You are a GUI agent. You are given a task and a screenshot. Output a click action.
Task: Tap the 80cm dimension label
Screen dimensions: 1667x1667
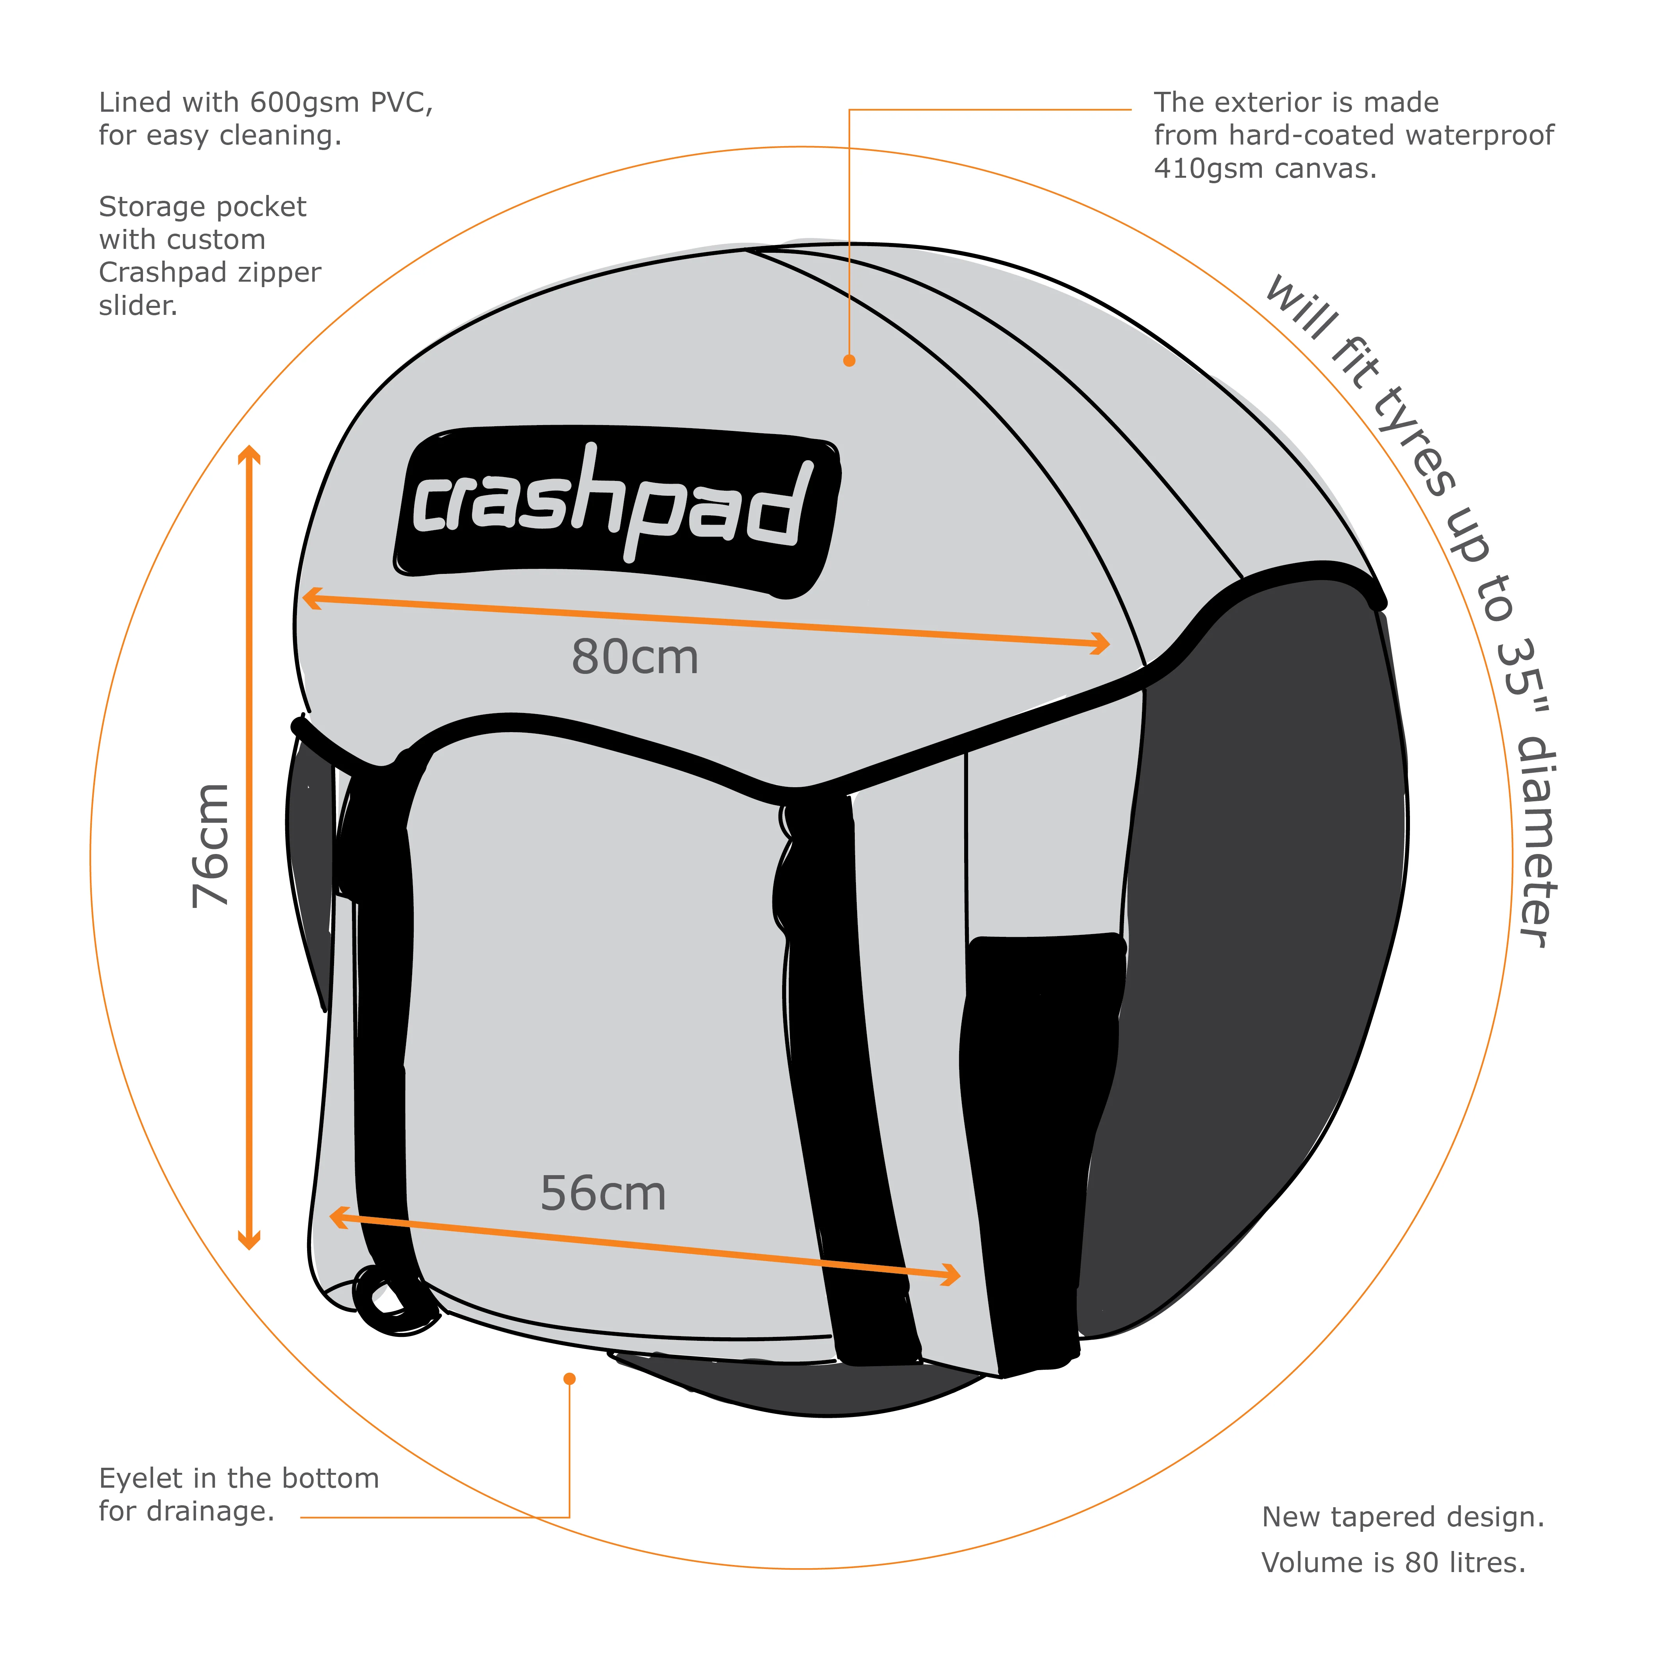[x=635, y=658]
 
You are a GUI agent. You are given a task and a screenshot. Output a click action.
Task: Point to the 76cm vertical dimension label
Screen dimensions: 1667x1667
[x=211, y=845]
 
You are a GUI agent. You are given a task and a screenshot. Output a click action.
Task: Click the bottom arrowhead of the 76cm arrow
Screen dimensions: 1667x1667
[x=249, y=1241]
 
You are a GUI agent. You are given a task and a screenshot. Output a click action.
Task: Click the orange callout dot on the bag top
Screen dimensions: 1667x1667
[x=849, y=361]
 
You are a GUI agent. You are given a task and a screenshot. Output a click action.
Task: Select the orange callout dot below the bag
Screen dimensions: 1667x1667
[x=570, y=1379]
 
